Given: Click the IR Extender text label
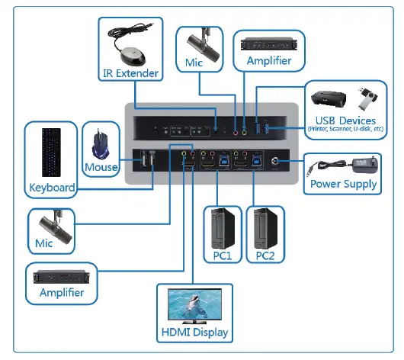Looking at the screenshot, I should [131, 74].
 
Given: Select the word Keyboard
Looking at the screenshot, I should [52, 187].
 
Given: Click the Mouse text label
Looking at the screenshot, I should [101, 167].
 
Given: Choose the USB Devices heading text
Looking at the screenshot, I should [345, 121].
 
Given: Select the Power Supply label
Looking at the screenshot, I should [343, 184].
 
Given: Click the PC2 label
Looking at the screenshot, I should [265, 255].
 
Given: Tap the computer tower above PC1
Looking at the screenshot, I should [221, 227].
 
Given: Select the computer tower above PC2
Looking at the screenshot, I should [265, 227].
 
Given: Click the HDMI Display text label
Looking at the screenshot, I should [194, 332].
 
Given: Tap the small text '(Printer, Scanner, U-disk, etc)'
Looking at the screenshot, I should [345, 130].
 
